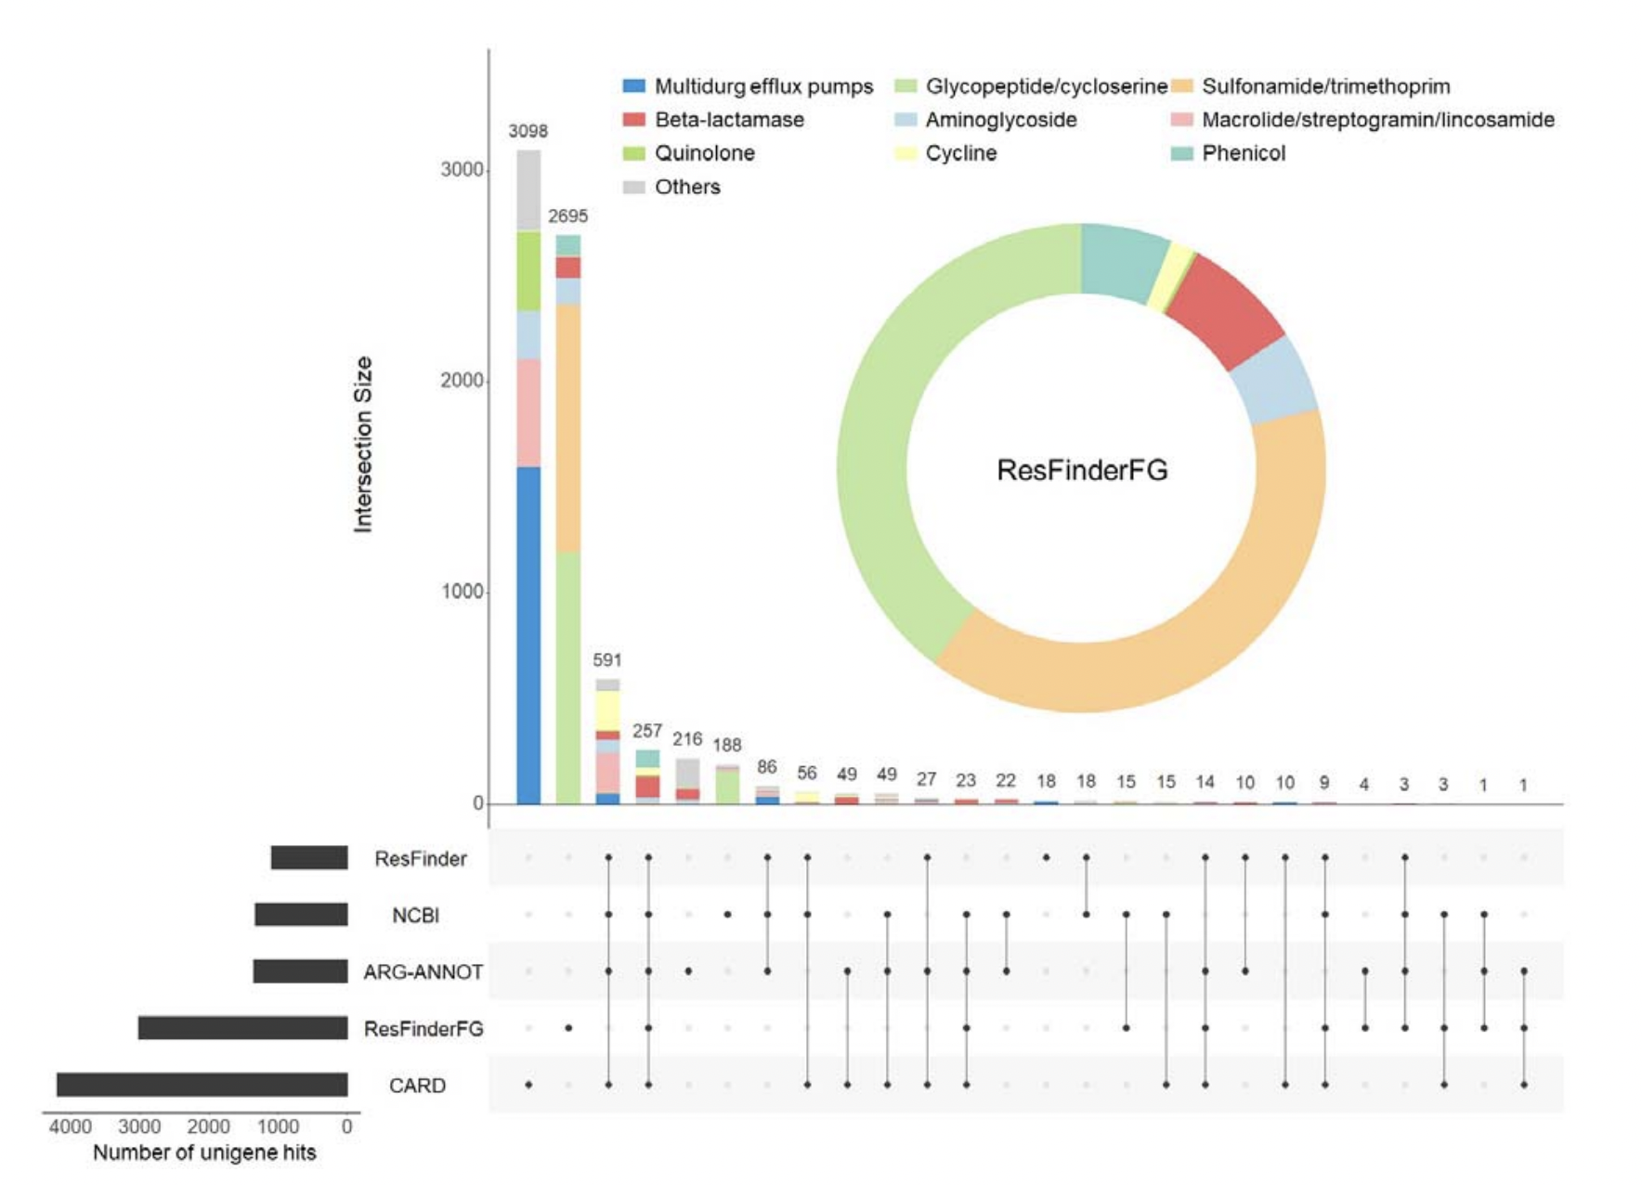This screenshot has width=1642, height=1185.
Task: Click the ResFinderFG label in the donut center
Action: [1082, 470]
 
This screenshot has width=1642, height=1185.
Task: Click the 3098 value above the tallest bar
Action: [528, 131]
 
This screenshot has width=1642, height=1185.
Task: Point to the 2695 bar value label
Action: [567, 215]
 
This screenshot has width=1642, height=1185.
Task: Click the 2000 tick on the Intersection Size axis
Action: [462, 381]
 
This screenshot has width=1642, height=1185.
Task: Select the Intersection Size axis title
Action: [363, 444]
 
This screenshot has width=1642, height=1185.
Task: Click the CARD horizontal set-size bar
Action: [202, 1085]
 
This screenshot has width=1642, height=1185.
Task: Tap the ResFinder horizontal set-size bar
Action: [309, 857]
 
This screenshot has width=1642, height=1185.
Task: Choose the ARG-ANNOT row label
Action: [423, 972]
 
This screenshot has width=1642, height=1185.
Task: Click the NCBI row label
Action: [415, 916]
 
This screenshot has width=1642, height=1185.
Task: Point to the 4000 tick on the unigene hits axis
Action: [71, 1126]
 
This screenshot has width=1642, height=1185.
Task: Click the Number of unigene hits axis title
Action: [204, 1152]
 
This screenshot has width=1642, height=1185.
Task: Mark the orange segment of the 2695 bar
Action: [568, 427]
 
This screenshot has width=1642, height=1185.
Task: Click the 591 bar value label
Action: [607, 659]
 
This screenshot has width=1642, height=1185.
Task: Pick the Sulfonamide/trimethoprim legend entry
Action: [1324, 86]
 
